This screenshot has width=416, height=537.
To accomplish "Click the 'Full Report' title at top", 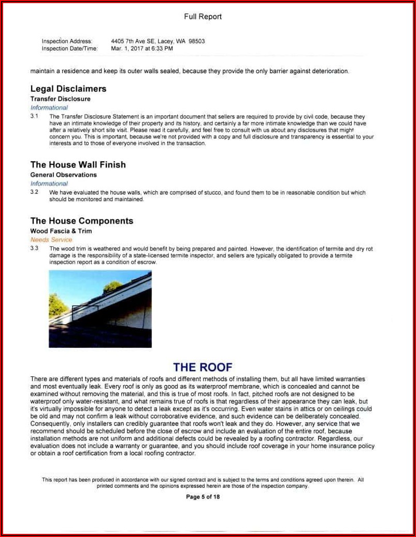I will click(x=203, y=17).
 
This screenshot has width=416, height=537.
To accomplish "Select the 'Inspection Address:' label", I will click(x=67, y=41).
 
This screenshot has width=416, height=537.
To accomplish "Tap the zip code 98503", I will click(x=197, y=41).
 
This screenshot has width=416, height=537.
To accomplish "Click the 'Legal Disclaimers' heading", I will click(x=68, y=89).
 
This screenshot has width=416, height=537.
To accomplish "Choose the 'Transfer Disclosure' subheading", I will click(x=60, y=98).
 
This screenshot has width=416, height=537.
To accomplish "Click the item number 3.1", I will click(x=34, y=117).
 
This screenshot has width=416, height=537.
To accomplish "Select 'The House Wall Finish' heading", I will click(x=78, y=165).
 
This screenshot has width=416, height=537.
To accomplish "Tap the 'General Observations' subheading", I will click(x=63, y=175).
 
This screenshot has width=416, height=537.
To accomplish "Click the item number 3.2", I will click(x=34, y=192).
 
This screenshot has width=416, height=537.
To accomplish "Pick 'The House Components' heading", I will click(x=82, y=221).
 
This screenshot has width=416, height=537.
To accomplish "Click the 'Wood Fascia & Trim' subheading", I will click(x=61, y=231).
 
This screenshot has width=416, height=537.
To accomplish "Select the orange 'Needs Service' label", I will click(x=51, y=240).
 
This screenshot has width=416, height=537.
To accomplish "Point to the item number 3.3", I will click(x=34, y=249).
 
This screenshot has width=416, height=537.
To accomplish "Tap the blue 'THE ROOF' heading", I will click(x=203, y=367).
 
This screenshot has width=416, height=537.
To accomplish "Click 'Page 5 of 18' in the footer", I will click(x=203, y=497).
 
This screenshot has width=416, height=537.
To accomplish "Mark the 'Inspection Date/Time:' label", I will click(x=69, y=48).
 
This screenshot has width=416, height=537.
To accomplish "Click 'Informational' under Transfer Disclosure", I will click(x=49, y=108).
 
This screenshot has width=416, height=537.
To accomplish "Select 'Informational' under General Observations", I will click(x=49, y=183).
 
